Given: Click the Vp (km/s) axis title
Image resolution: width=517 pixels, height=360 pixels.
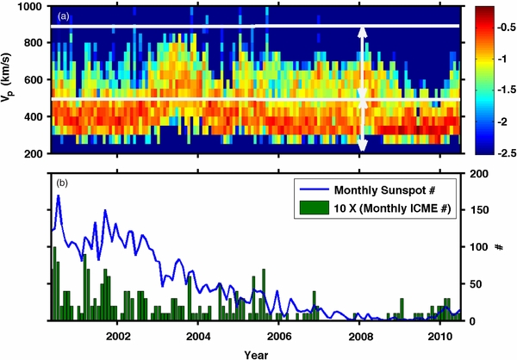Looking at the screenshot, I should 9,79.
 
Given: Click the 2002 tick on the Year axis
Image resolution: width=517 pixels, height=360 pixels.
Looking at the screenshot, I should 118,333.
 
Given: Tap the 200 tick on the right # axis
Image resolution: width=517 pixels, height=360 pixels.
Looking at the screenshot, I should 477,174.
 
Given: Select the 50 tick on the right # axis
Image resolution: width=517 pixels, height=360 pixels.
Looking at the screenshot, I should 474,283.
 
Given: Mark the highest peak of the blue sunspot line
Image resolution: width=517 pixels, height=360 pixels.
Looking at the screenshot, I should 59,196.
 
